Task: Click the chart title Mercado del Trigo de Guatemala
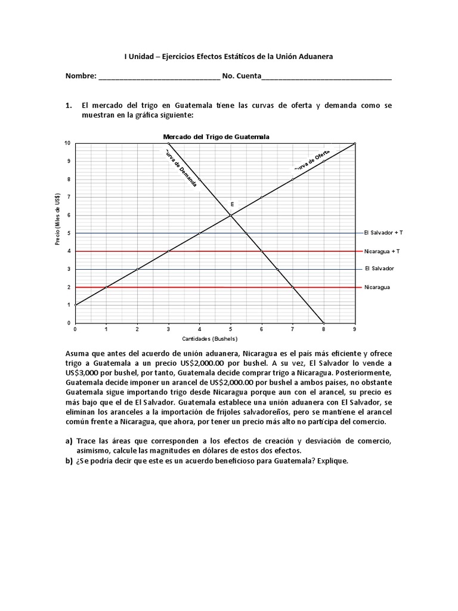click(x=216, y=137)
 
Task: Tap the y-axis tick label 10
click(x=67, y=144)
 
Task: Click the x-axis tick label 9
click(x=355, y=329)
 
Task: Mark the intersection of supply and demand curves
click(x=231, y=215)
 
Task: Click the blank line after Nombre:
click(x=159, y=77)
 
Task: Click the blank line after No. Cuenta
click(x=326, y=77)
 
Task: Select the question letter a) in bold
click(x=69, y=441)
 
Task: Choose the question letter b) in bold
click(x=69, y=462)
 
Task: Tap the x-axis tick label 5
click(x=231, y=329)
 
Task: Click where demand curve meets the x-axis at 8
click(x=324, y=323)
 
